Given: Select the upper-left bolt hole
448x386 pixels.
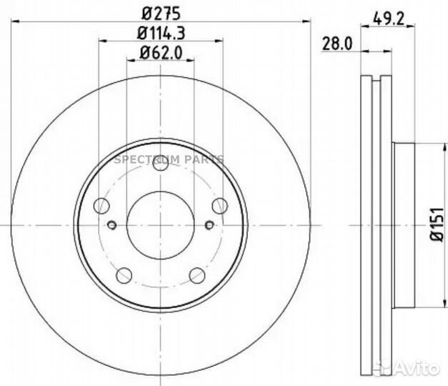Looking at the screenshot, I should coord(103,206).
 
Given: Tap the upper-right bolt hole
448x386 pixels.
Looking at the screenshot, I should coord(219,206).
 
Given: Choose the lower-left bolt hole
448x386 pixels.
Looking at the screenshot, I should coord(124,274).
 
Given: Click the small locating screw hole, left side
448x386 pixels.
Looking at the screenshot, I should coord(112,227).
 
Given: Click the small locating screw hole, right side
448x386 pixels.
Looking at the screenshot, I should coord(209,227).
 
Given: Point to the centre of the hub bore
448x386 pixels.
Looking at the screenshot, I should coord(161,224).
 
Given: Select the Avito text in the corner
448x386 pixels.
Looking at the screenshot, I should coord(422,368).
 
